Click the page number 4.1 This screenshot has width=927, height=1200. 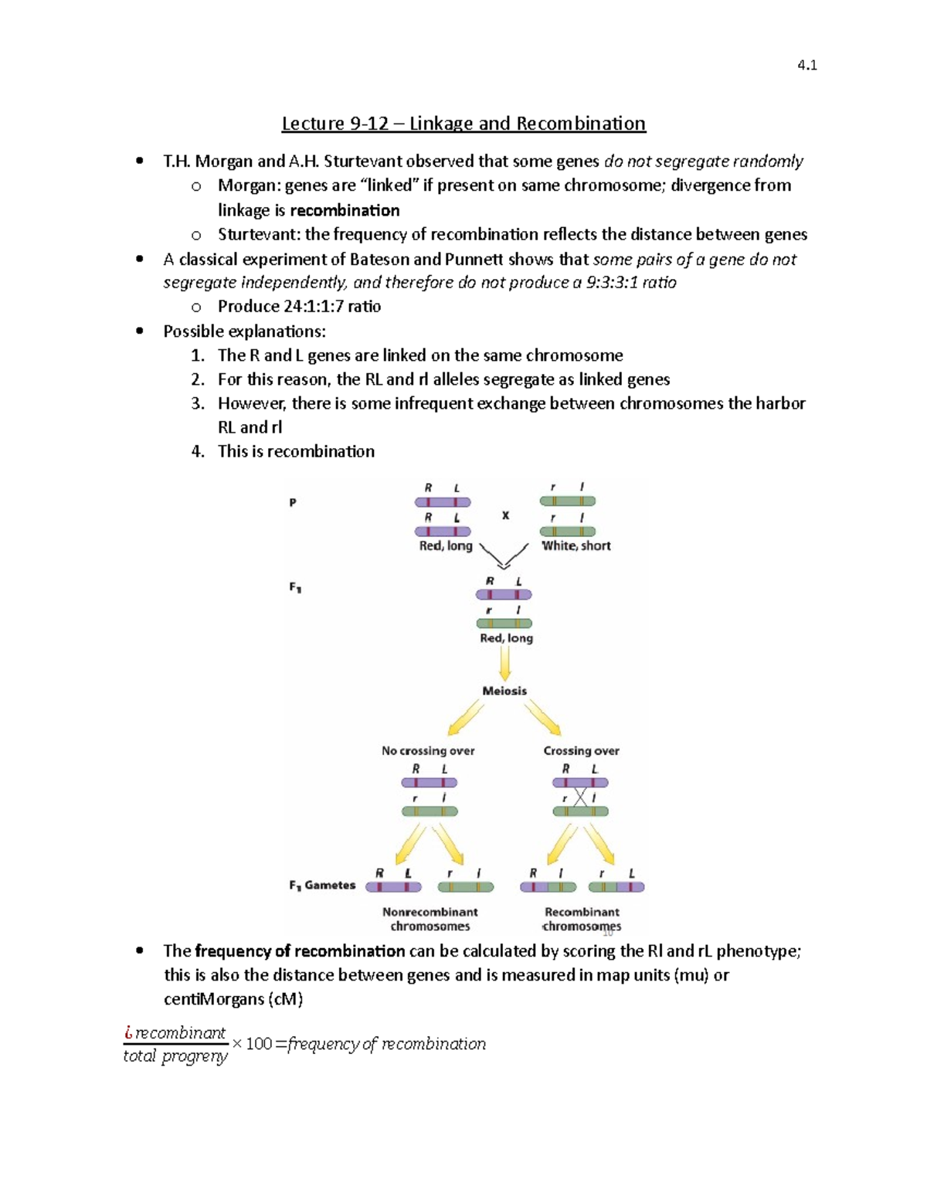pos(806,66)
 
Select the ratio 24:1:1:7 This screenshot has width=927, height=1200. pos(313,307)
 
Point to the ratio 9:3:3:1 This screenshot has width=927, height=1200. pos(613,283)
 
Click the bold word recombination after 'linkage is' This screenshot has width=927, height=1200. pos(345,211)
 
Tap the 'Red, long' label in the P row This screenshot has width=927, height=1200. pos(446,546)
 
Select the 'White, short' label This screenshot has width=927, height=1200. pos(576,546)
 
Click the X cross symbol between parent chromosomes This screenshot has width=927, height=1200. pos(505,515)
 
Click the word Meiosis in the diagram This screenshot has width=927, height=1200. pos(504,691)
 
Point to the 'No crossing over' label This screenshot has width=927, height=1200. pos(428,750)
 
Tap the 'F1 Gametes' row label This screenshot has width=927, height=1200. pos(322,886)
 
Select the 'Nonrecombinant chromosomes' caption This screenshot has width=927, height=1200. pos(430,919)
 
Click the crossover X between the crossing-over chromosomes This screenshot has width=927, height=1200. pos(580,797)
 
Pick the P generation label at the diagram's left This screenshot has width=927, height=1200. pos(293,502)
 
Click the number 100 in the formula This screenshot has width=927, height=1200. pos(259,1044)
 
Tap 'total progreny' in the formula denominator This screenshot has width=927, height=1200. pos(175,1056)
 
